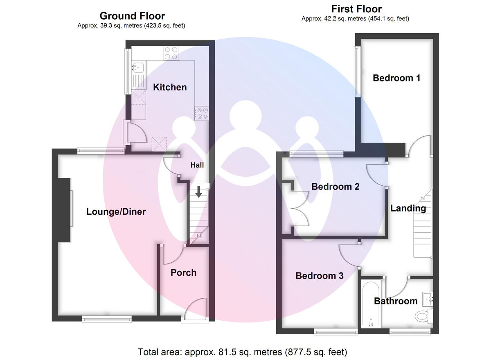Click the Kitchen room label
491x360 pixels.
click(170, 87)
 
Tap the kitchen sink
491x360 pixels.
click(137, 66)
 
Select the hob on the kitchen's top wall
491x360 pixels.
click(171, 54)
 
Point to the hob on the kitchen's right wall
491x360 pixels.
click(201, 113)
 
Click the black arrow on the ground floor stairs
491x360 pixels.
click(198, 191)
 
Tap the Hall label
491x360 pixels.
click(197, 165)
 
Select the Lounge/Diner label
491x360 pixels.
click(116, 212)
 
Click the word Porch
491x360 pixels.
click(183, 273)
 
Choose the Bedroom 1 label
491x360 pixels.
click(396, 78)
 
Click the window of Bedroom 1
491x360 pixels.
click(357, 72)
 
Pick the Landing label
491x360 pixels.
click(408, 208)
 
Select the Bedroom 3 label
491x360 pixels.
click(320, 276)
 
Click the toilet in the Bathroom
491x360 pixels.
click(421, 316)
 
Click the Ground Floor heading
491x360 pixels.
click(132, 16)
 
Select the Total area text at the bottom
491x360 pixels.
click(243, 352)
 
